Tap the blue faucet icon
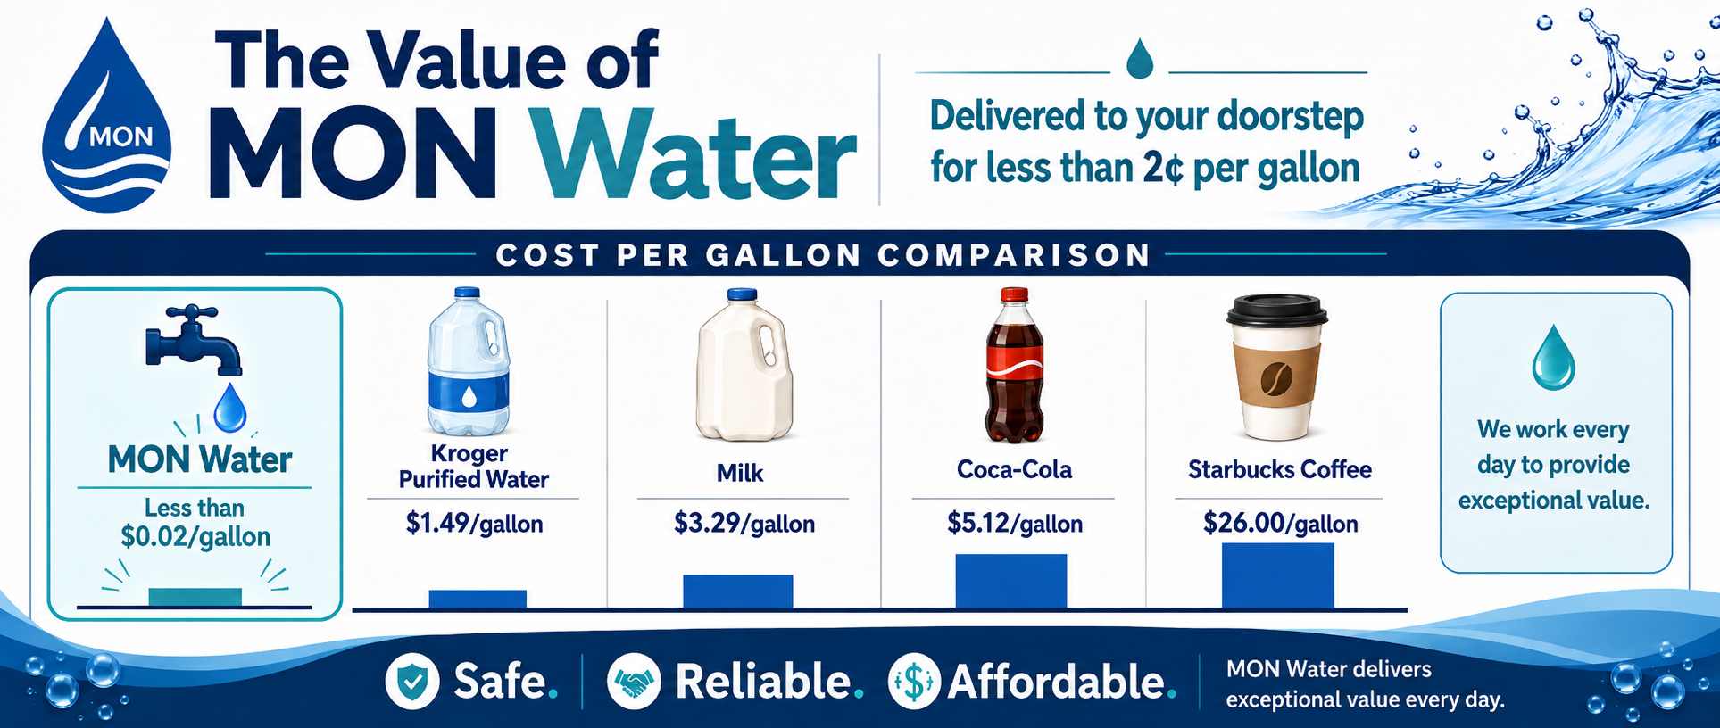pos(193,339)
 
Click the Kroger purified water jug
pos(469,361)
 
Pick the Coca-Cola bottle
pos(1014,365)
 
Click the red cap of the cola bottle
pos(1015,295)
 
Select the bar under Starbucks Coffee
pos(1278,575)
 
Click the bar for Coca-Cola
pos(1011,581)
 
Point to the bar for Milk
pos(738,591)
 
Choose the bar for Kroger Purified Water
pos(478,599)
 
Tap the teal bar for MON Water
pos(195,597)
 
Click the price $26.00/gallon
pos(1280,523)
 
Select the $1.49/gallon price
pos(474,523)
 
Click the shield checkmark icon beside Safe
pos(412,682)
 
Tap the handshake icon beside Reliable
pos(634,682)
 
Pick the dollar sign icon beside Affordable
pos(914,682)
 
